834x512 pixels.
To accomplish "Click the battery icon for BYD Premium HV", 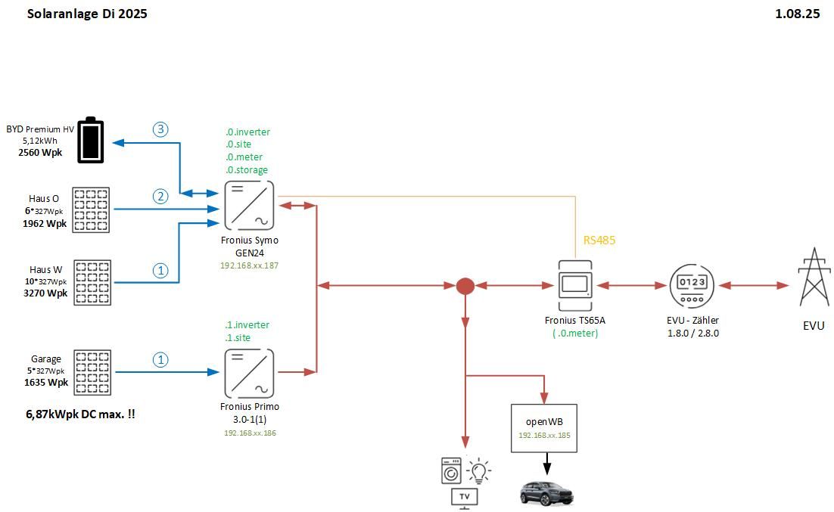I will [92, 140].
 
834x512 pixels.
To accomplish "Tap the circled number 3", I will [160, 129].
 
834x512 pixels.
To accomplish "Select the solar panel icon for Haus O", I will [92, 209].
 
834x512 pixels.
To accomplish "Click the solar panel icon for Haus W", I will [92, 283].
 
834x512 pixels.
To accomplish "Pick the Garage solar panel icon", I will [92, 371].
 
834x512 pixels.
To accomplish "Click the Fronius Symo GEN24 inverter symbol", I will [249, 205].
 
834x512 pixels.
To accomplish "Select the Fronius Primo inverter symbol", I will [249, 373].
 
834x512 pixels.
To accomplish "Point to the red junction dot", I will [465, 286].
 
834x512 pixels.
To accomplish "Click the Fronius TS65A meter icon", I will [576, 285].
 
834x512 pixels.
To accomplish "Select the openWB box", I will [544, 427].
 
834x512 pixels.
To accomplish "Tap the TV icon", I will [465, 498].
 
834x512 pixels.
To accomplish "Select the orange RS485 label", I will [599, 240].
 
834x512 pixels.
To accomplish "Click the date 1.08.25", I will [798, 14].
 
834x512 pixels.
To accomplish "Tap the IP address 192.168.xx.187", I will [249, 266].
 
